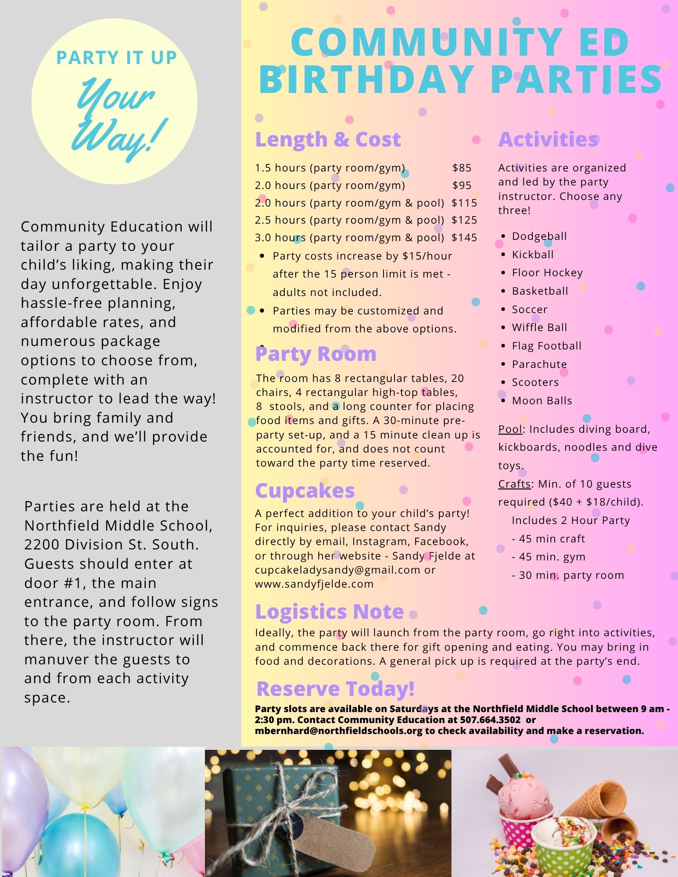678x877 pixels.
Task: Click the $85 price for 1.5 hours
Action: pos(462,168)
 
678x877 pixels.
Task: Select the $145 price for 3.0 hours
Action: pos(464,238)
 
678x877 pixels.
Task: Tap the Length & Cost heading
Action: pos(328,139)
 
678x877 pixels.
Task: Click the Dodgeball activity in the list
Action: pos(539,236)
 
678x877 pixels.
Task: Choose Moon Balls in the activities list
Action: pos(542,401)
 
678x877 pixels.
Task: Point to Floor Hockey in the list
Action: pos(547,273)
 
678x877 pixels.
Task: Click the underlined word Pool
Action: pos(510,429)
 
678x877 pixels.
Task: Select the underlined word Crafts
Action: pos(514,484)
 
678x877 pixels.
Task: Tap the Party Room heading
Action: pos(316,354)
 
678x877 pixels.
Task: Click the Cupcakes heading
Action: pos(305,491)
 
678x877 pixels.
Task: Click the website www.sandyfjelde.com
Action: pos(314,584)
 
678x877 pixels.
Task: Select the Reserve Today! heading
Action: pos(335,688)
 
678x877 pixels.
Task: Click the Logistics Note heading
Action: pos(329,612)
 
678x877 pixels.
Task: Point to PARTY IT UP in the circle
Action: pos(116,58)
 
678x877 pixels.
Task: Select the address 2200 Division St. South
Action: pos(111,545)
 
